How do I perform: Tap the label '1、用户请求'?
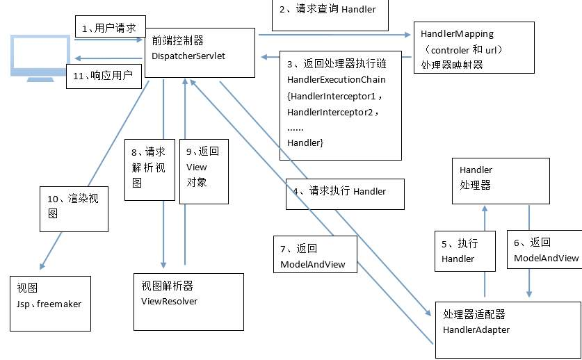(x=109, y=28)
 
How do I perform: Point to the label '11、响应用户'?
(x=103, y=75)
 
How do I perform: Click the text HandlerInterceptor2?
(x=334, y=111)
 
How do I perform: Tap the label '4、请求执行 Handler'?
(x=344, y=191)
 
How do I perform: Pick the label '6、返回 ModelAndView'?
(x=545, y=250)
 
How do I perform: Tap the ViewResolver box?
(x=188, y=301)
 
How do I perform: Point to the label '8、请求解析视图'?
(x=148, y=167)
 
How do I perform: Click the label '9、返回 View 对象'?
(x=202, y=167)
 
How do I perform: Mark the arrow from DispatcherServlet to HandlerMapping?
(x=334, y=34)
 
